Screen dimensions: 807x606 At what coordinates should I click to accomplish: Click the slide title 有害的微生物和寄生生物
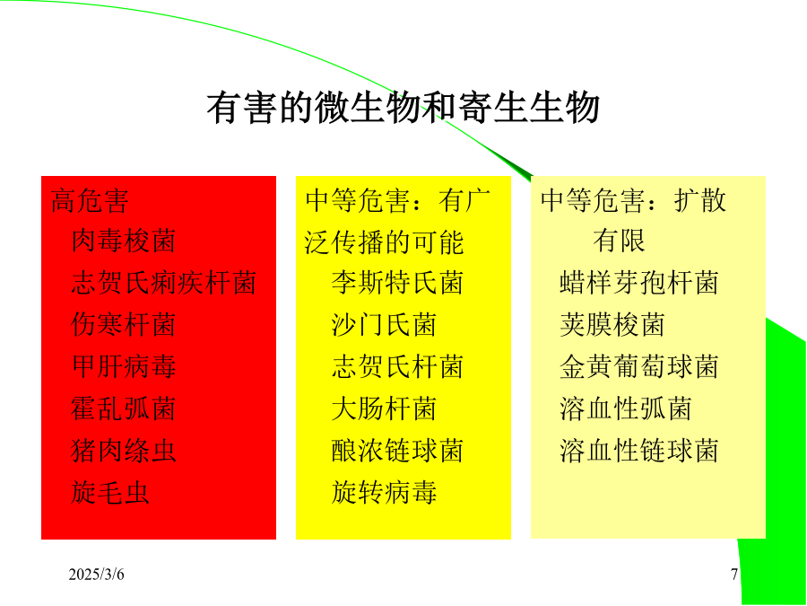[403, 109]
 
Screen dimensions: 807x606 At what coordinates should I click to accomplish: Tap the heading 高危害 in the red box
[90, 200]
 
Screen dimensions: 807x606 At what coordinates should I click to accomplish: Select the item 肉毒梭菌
[124, 241]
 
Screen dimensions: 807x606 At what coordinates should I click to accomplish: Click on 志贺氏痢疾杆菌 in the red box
[164, 283]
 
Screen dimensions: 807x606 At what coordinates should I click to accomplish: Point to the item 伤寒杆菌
[124, 325]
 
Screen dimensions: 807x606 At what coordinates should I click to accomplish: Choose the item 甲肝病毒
[124, 366]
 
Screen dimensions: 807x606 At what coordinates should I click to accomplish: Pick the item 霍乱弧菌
[124, 408]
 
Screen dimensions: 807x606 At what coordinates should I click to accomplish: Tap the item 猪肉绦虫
[124, 451]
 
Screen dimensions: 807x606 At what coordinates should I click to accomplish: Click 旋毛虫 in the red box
[110, 492]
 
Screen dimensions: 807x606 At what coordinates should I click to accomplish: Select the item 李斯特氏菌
[397, 283]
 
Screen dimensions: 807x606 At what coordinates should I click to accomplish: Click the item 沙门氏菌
[384, 325]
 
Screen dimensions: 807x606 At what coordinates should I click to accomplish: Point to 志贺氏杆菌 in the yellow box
[397, 366]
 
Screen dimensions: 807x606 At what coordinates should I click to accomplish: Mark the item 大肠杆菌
[384, 408]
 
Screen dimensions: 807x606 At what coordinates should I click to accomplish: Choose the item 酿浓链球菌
[397, 451]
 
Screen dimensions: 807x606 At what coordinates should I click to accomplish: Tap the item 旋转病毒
[384, 492]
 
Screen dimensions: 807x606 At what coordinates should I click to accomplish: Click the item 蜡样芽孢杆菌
[638, 283]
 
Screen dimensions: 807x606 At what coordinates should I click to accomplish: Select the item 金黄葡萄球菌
[638, 366]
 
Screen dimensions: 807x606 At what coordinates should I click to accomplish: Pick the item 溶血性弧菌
[625, 408]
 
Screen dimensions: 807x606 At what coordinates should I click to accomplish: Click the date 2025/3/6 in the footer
[96, 574]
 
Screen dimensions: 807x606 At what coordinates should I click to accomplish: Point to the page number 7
[734, 574]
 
